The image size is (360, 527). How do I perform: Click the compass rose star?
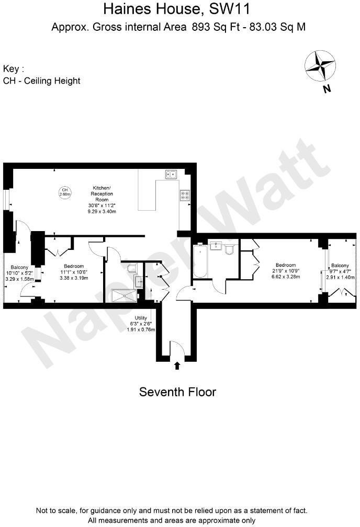[x=320, y=66]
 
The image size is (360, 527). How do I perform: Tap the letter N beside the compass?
[x=327, y=88]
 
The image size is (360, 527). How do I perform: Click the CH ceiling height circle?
[x=65, y=192]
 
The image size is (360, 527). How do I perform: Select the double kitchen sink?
[x=172, y=175]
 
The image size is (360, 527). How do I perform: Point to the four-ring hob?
[x=185, y=195]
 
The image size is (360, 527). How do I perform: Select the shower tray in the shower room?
[x=123, y=296]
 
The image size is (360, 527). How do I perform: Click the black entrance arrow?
[x=177, y=365]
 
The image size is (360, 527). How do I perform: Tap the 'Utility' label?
[x=141, y=318]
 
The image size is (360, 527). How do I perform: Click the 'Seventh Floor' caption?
[x=177, y=392]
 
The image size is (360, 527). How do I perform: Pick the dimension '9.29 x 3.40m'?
[x=102, y=212]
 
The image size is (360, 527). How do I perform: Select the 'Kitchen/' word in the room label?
[x=102, y=187]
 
